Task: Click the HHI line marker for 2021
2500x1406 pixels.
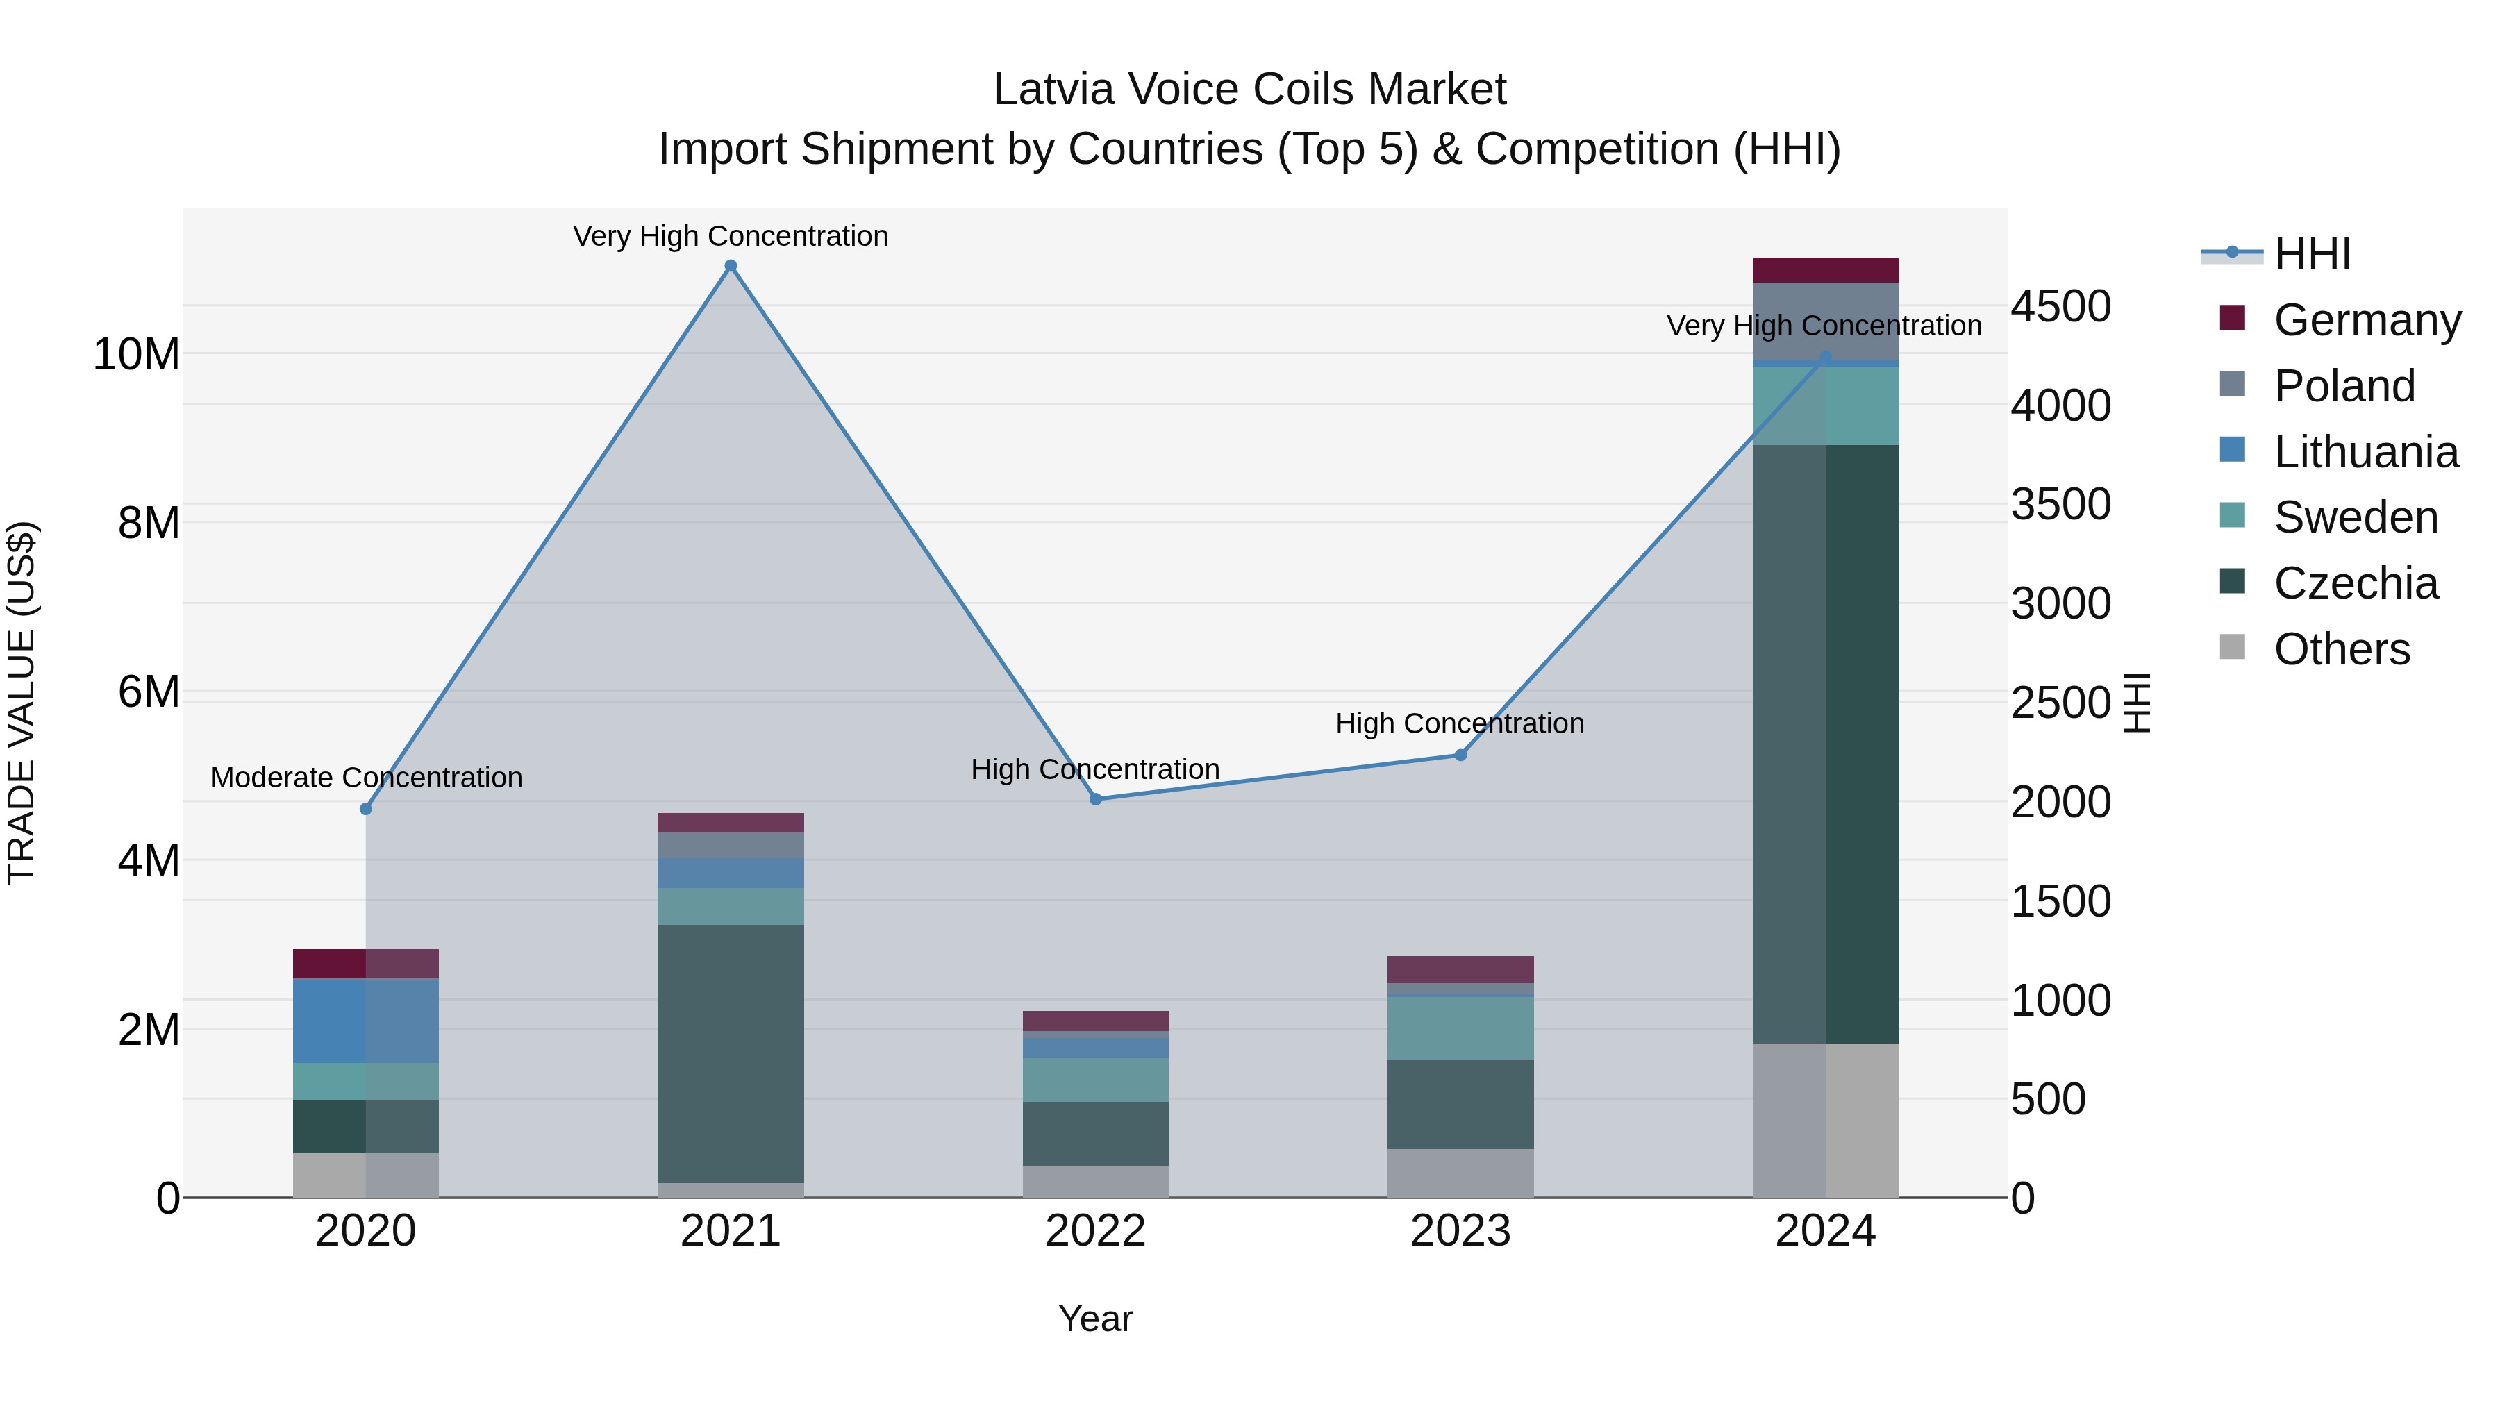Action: coord(731,266)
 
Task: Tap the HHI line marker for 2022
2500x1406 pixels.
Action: coord(1096,800)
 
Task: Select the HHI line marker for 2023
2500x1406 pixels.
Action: coord(1460,755)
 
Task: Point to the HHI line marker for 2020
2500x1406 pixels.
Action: coord(366,810)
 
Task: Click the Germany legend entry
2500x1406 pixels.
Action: coord(2366,319)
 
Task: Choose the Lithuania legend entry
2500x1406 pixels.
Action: coord(2365,451)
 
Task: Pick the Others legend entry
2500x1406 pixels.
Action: coord(2341,648)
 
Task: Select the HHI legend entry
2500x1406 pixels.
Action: coord(2312,254)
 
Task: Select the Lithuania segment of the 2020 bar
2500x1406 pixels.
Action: coord(366,1021)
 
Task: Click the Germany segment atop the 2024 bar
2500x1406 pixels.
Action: coord(1826,270)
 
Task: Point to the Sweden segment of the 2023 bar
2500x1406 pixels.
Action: coord(1460,1028)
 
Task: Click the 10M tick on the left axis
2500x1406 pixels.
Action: coord(136,354)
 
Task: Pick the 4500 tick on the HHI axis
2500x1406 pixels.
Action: coord(2060,307)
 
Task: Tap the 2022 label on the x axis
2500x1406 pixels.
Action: coord(1096,1231)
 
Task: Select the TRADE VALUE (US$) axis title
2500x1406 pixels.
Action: coord(22,703)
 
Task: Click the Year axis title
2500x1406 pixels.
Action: coord(1096,1319)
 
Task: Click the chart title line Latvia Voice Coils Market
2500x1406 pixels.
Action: coord(1249,90)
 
